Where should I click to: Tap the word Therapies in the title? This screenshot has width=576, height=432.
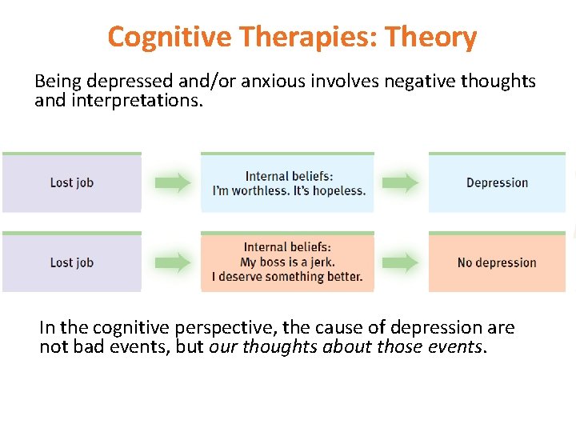[x=290, y=37]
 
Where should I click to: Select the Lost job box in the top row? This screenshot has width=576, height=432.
[x=71, y=182]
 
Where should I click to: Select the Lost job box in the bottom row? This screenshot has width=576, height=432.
[x=71, y=262]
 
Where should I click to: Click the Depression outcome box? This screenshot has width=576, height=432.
[x=497, y=182]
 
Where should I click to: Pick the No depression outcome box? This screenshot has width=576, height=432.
[x=497, y=262]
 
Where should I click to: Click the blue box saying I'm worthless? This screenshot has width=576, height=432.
[x=288, y=183]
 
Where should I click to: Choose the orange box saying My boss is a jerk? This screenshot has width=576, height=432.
[x=287, y=262]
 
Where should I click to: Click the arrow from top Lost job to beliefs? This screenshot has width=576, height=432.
[x=171, y=182]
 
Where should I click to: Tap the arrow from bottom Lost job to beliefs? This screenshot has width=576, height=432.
[x=171, y=262]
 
